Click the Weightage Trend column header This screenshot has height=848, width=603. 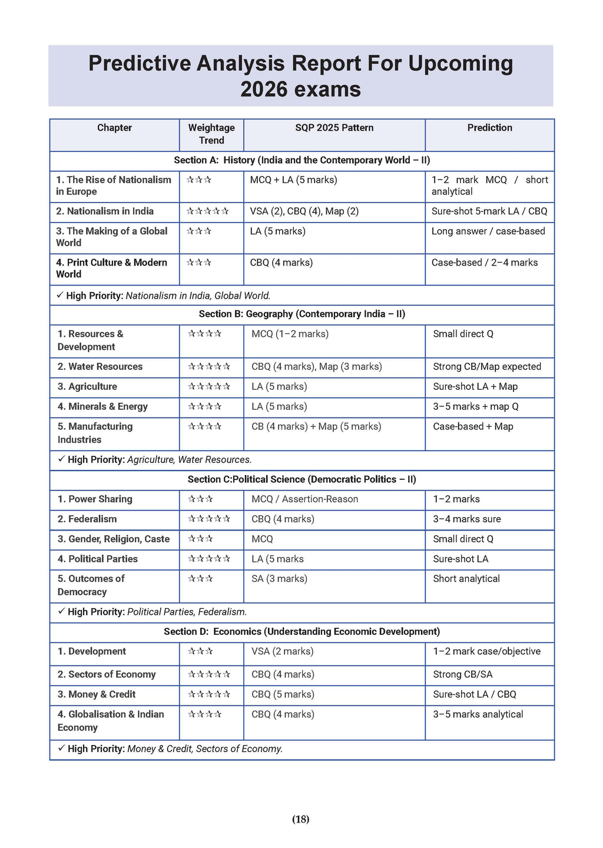211,134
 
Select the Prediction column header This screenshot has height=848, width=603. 489,128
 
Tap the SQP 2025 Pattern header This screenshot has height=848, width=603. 334,128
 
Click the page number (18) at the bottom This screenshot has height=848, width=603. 300,819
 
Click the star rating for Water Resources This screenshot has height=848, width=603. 209,367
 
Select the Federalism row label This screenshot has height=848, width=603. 92,519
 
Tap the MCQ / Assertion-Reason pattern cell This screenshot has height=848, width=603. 304,499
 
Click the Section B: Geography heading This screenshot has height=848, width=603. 301,314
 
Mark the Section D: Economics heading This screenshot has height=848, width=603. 301,632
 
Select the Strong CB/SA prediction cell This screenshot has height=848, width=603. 463,675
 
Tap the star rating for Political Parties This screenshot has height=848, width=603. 209,559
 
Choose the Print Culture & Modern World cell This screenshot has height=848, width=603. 111,269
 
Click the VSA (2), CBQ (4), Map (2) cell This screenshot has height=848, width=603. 304,211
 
